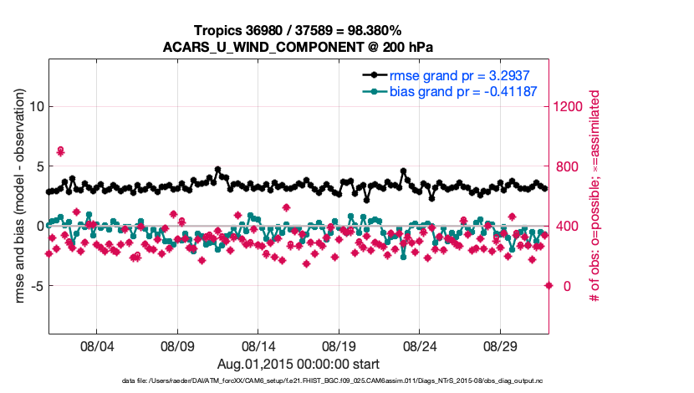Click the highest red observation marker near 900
coord(60,151)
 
